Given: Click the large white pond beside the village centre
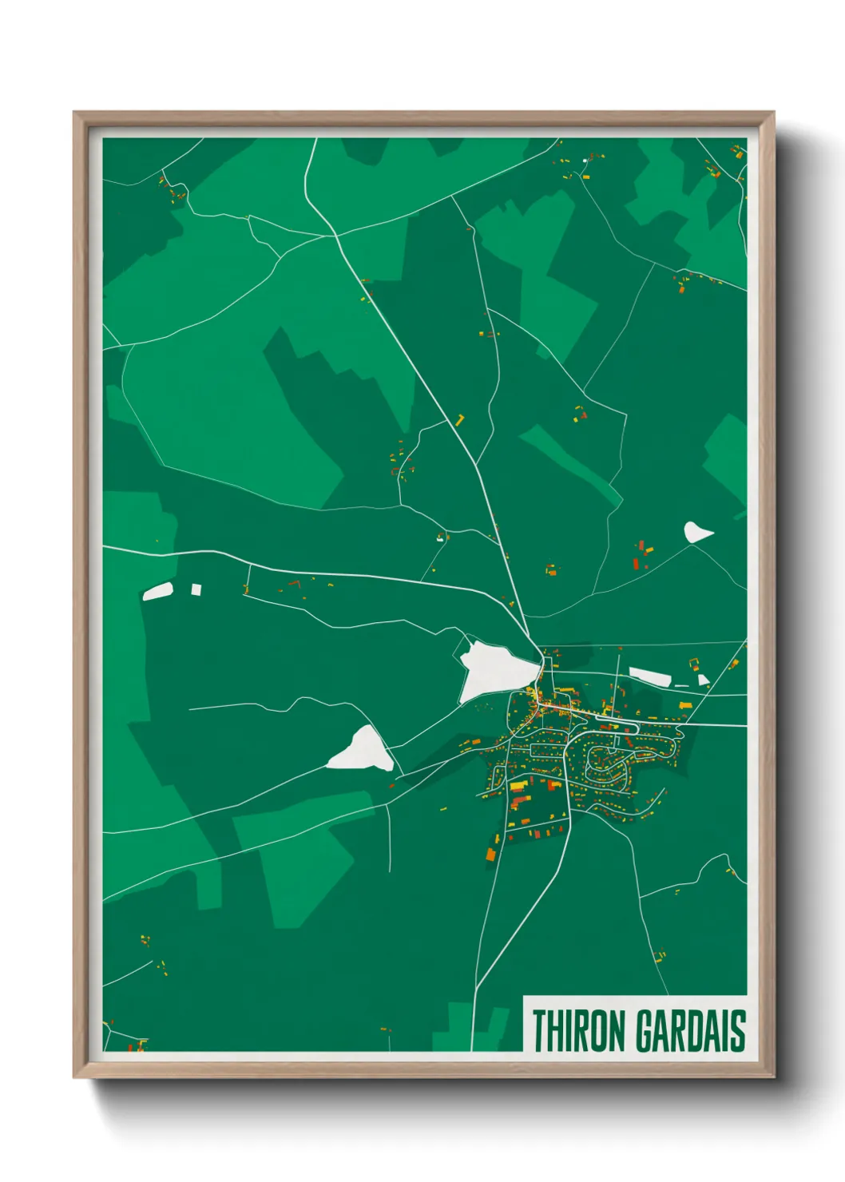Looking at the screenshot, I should (x=494, y=669).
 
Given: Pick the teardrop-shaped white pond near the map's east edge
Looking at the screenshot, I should (x=696, y=532).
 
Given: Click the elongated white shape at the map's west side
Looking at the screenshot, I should (x=158, y=592).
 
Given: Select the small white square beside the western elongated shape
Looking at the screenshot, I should (x=196, y=589).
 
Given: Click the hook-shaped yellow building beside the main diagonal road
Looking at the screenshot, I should (x=460, y=419).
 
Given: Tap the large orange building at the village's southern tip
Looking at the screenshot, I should (x=491, y=853).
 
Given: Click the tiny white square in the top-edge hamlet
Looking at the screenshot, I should (x=585, y=161).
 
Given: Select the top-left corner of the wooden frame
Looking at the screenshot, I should (x=75, y=113).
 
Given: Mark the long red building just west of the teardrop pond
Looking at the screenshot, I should (x=636, y=564).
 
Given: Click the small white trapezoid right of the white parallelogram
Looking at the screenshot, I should (x=703, y=680).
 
